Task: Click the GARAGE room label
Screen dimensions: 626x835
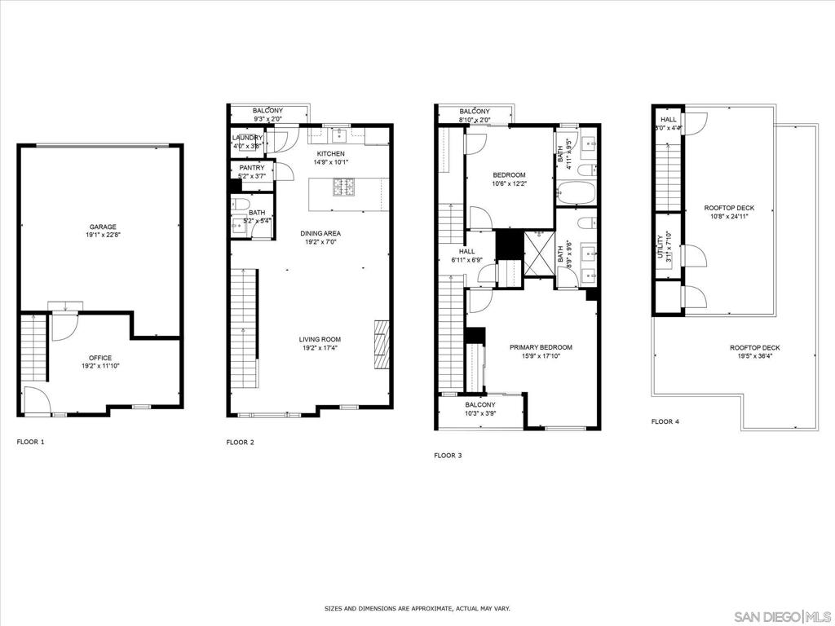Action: point(103,227)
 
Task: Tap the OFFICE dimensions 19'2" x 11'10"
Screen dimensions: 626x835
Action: point(100,367)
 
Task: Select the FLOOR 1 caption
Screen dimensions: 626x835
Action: point(31,442)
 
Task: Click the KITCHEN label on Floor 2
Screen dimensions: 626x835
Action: point(331,153)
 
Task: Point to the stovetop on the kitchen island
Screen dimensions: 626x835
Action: point(342,187)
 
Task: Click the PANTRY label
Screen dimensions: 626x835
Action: point(251,168)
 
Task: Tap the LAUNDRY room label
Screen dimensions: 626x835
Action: point(248,138)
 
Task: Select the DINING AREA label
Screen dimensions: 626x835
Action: point(320,233)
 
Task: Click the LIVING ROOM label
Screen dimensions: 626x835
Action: point(320,339)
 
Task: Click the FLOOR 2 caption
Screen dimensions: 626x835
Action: point(240,442)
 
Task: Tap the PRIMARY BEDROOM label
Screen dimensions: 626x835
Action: point(541,347)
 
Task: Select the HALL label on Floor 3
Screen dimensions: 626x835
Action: point(467,252)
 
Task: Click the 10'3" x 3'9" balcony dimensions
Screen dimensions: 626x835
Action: point(480,414)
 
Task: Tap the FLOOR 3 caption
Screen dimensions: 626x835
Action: point(448,455)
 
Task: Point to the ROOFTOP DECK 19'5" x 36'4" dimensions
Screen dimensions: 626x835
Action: point(754,356)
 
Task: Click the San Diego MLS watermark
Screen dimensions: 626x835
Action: point(782,615)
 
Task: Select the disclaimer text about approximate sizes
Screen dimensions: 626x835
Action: point(417,608)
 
